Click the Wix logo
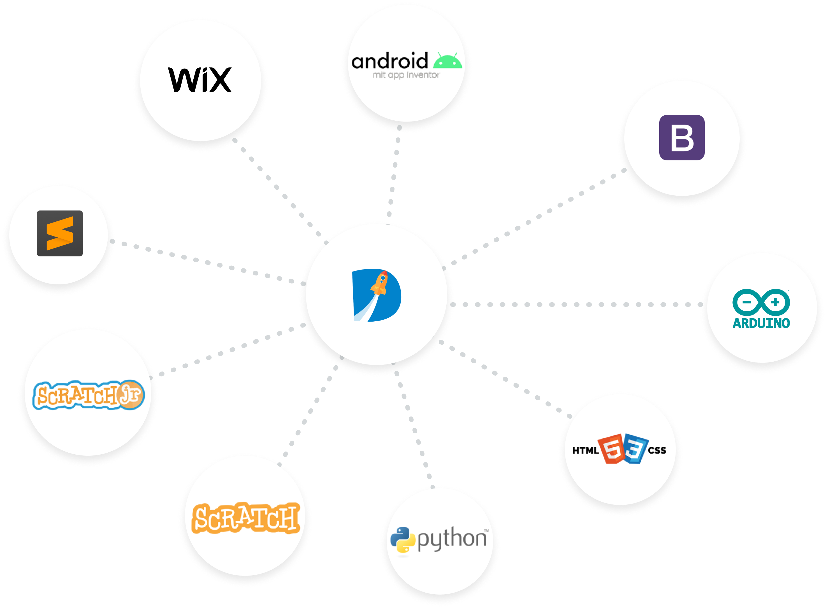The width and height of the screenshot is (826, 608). coord(200,79)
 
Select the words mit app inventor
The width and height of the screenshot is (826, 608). coord(406,75)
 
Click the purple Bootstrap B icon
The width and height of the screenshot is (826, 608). coord(682,138)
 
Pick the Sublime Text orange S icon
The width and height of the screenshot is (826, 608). coord(60,233)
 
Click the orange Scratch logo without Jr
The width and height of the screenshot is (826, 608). coord(246,518)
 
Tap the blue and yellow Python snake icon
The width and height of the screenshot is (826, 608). coord(403,540)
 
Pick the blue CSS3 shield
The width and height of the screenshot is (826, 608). coord(634,449)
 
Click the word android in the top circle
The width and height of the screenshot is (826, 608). coord(390,61)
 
